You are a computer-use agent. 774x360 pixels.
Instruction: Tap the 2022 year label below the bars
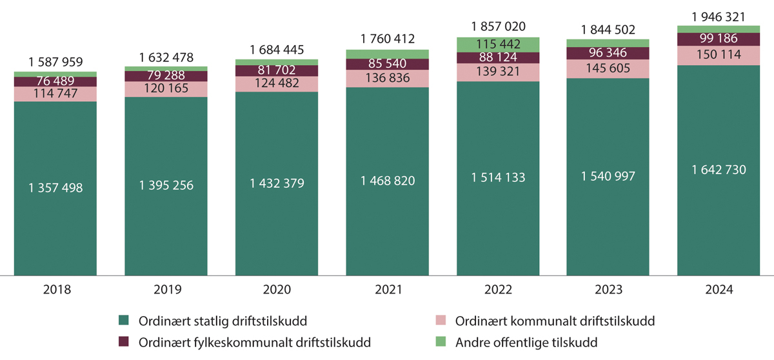[497, 290]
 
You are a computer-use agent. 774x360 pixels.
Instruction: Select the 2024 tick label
[719, 290]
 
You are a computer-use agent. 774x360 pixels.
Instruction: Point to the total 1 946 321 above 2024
[719, 17]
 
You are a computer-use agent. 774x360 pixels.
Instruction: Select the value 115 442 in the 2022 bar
[498, 45]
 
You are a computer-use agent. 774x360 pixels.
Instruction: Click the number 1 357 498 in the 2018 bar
[55, 188]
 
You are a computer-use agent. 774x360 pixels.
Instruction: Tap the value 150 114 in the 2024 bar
[719, 55]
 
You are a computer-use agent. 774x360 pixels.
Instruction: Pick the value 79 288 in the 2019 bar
[166, 75]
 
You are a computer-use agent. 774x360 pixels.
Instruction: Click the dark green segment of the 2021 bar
[387, 226]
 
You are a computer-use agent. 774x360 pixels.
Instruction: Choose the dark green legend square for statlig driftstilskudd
[124, 320]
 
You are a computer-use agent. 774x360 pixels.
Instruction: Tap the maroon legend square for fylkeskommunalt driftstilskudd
[124, 341]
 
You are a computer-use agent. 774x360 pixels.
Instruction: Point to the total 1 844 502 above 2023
[608, 30]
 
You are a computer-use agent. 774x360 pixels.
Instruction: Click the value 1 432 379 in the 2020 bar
[277, 183]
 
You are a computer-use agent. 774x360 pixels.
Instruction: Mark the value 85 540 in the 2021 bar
[387, 64]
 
